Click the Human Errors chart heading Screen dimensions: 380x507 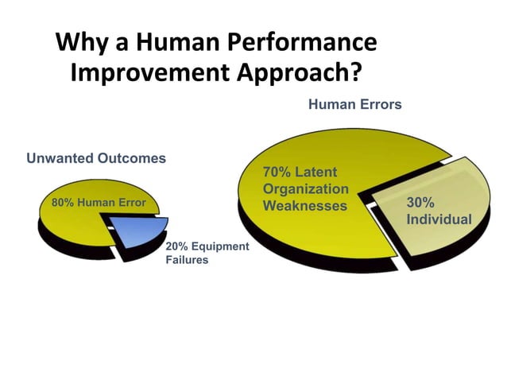click(354, 104)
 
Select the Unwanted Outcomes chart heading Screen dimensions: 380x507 click(96, 158)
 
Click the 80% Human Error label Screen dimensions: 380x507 click(99, 203)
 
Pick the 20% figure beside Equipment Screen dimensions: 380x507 click(177, 246)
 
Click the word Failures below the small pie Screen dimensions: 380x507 click(187, 260)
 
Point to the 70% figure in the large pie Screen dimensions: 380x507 click(276, 173)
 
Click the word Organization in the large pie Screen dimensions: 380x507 click(305, 189)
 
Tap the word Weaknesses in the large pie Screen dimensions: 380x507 click(305, 206)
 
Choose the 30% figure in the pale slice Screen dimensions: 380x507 click(420, 202)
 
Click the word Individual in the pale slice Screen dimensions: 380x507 click(439, 219)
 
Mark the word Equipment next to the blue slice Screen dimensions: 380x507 click(219, 246)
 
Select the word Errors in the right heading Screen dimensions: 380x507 click(380, 104)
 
